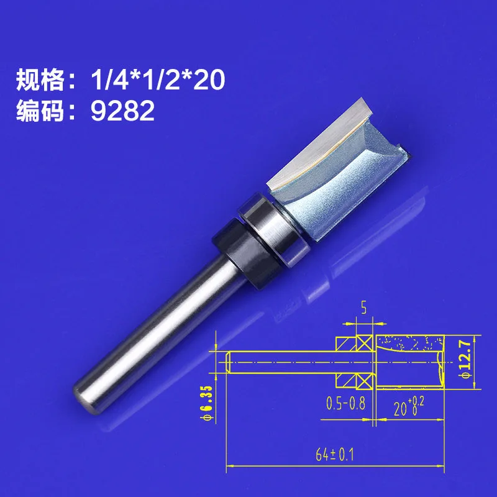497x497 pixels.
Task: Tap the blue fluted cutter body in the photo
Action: (x=348, y=180)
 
